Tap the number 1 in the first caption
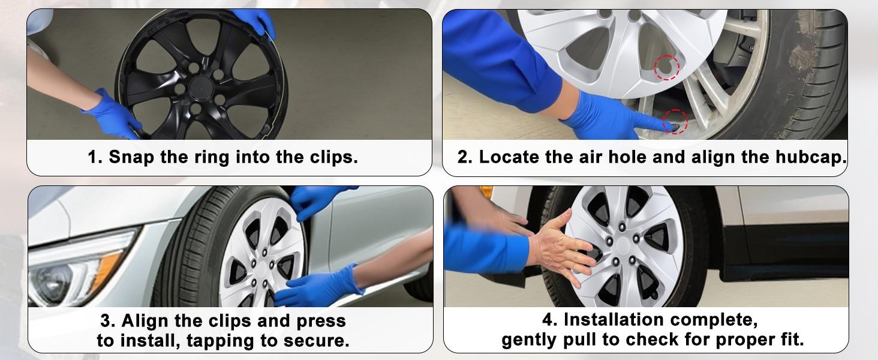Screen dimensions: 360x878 [93, 158]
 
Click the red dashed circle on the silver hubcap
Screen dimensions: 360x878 [666, 67]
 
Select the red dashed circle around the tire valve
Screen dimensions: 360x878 [675, 122]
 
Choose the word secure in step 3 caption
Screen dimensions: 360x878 [320, 341]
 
